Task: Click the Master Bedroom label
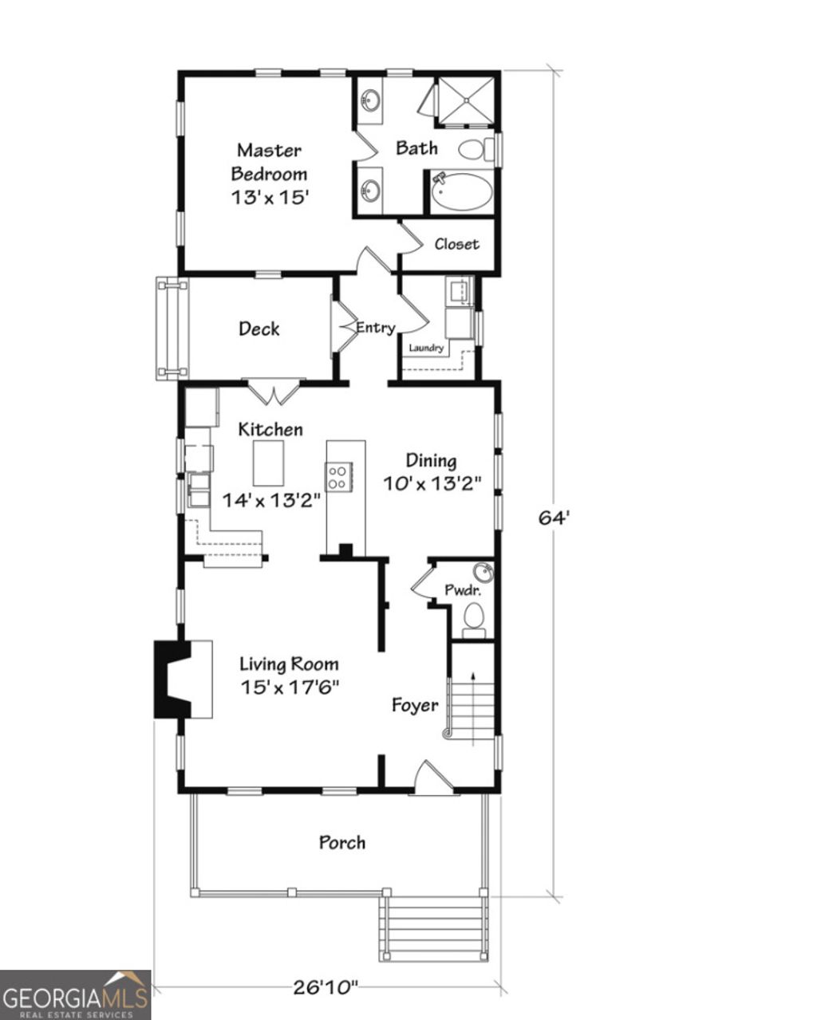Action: click(x=269, y=173)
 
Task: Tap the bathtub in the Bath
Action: click(x=462, y=191)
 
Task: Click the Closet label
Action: click(x=456, y=245)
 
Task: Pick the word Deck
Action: click(x=259, y=329)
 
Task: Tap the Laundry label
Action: click(x=426, y=348)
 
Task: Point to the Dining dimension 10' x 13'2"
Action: click(x=432, y=484)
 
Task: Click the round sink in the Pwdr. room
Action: click(x=481, y=573)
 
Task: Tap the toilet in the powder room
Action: click(x=474, y=616)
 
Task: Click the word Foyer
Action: click(x=415, y=705)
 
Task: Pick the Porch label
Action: click(x=342, y=842)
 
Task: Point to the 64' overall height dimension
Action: click(x=554, y=518)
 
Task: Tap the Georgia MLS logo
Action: click(x=75, y=994)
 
